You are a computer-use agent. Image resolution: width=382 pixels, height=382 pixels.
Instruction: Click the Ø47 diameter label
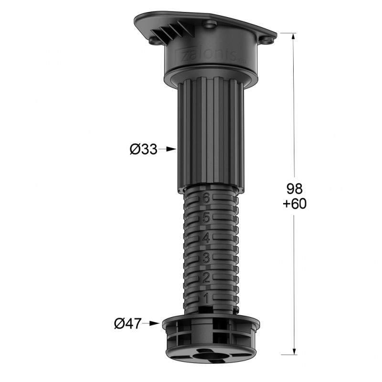click(x=128, y=323)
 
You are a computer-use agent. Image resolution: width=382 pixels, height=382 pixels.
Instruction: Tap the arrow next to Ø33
click(x=168, y=149)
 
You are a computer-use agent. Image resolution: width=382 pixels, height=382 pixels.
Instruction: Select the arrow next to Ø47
click(x=153, y=323)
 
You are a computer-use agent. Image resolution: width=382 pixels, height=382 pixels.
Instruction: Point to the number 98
click(x=294, y=187)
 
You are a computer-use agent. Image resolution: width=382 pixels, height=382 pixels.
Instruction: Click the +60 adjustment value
click(x=294, y=203)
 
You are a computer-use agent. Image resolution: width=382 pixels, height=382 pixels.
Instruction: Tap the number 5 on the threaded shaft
click(x=207, y=218)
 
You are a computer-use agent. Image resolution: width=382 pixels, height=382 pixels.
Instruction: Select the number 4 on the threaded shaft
click(x=207, y=238)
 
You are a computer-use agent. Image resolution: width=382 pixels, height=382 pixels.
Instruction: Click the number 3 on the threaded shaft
click(x=207, y=258)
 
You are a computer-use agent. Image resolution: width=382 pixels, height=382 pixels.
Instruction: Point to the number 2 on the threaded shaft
click(x=207, y=278)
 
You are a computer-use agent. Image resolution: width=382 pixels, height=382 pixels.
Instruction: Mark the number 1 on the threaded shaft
click(x=207, y=299)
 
